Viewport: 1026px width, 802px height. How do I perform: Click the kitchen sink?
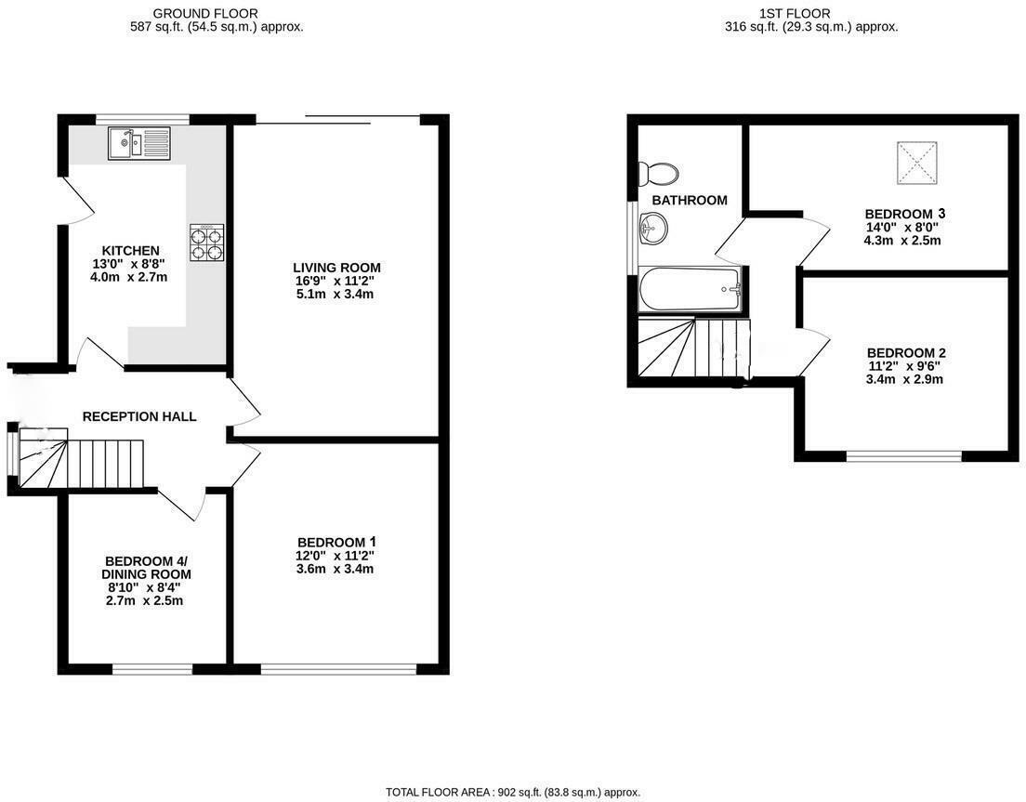click(x=139, y=143)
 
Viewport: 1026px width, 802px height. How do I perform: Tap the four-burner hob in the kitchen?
click(x=206, y=242)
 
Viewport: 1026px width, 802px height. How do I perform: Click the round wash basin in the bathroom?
click(x=654, y=227)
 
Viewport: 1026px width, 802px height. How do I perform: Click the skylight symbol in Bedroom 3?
click(x=917, y=162)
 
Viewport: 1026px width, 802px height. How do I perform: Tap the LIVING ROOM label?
click(x=336, y=268)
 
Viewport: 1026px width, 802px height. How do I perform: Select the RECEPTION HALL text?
click(x=139, y=416)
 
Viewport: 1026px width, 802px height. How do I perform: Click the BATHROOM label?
click(x=689, y=200)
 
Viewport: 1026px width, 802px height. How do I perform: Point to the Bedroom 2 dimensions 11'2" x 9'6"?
click(x=905, y=366)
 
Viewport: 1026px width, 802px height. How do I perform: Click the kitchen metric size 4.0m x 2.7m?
click(x=130, y=277)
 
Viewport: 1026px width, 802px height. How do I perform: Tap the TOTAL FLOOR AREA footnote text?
click(x=513, y=793)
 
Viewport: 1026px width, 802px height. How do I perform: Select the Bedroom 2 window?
click(x=903, y=455)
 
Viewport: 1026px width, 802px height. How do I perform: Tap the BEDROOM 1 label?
click(x=336, y=542)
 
